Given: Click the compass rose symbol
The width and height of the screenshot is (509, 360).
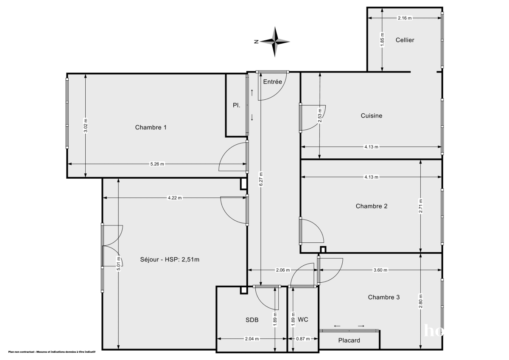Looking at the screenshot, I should pyautogui.click(x=275, y=42).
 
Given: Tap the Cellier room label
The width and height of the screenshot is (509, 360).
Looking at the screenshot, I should pyautogui.click(x=405, y=40).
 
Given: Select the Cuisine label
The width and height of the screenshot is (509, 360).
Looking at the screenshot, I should pyautogui.click(x=372, y=115).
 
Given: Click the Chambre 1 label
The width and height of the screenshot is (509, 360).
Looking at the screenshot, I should pyautogui.click(x=151, y=127).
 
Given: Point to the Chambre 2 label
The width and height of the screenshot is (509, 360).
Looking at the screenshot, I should pyautogui.click(x=372, y=206).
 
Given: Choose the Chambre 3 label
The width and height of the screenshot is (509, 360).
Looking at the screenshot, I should pyautogui.click(x=383, y=297).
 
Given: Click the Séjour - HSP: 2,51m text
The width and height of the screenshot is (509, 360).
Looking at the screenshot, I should pyautogui.click(x=170, y=259).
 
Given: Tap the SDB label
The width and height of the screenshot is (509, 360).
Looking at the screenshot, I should pyautogui.click(x=252, y=320).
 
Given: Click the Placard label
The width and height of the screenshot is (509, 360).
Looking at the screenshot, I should pyautogui.click(x=349, y=340).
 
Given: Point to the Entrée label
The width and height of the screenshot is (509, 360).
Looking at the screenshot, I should pyautogui.click(x=272, y=82).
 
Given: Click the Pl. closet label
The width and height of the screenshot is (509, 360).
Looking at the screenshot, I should pyautogui.click(x=236, y=106).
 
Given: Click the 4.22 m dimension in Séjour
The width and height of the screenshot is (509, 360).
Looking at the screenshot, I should pyautogui.click(x=174, y=198).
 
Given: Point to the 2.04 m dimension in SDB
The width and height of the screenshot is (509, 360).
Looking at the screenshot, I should pyautogui.click(x=252, y=339).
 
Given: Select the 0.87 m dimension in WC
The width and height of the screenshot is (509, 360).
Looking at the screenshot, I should pyautogui.click(x=303, y=339).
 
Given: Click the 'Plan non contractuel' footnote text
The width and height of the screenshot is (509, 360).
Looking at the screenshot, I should pyautogui.click(x=52, y=352).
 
